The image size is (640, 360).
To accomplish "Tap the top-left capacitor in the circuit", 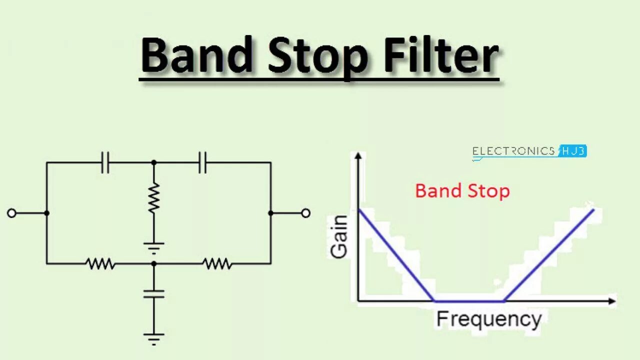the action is coord(105,162).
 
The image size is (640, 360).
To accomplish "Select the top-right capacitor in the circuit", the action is coord(202,162).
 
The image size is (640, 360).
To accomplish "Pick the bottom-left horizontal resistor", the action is coord(100,263).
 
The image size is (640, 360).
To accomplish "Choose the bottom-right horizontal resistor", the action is coord(217,263).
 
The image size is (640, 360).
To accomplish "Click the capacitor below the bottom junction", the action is coord(153,293).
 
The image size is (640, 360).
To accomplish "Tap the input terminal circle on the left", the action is coord(11,213).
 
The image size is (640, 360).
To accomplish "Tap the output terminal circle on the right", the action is coord(305,213).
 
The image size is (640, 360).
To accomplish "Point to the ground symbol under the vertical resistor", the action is coord(153,247).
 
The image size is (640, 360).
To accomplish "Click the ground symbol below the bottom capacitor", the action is coord(153,338).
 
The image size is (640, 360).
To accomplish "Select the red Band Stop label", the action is coord(462,191).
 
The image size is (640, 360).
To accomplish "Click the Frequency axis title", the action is coord(488,319).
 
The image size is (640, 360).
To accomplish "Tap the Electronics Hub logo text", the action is coord(528,151).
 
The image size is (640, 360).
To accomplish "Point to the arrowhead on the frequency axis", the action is coord(611,301).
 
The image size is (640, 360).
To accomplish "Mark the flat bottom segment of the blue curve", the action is coord(469,301).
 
